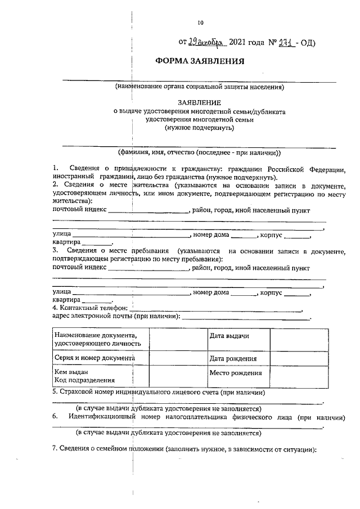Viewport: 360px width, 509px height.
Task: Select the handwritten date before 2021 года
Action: click(x=206, y=42)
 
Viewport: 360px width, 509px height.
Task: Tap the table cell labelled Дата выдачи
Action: click(x=229, y=336)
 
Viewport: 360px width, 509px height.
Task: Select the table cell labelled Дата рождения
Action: click(x=233, y=358)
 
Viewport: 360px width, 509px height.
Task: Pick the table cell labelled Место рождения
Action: click(x=235, y=373)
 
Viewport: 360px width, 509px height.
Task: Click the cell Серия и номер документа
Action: click(x=94, y=358)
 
